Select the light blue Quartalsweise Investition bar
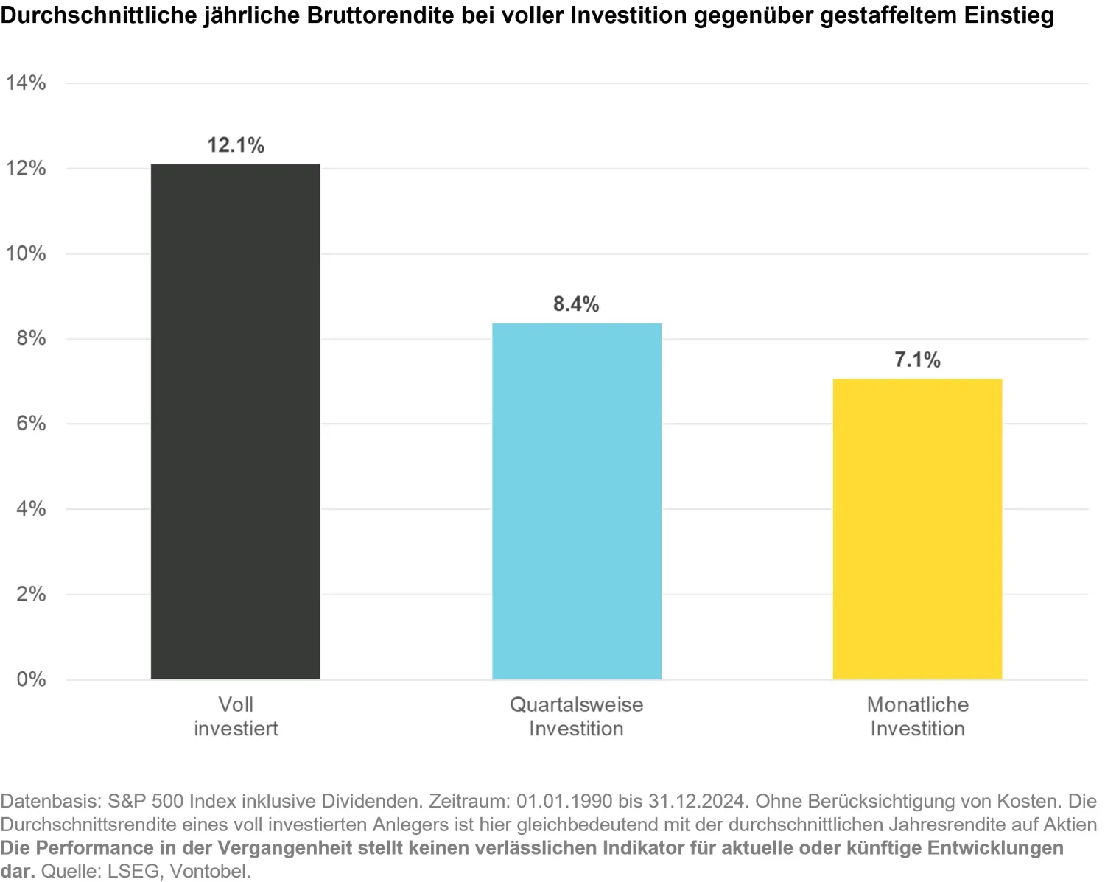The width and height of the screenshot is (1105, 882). [576, 501]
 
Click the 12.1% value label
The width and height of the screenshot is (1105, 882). [236, 145]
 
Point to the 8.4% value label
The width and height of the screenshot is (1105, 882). [576, 304]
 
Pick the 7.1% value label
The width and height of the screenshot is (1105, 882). [917, 360]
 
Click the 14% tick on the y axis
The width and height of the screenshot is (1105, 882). [27, 83]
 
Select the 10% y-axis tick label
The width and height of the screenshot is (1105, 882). [27, 254]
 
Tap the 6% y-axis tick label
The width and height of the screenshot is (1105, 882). [31, 424]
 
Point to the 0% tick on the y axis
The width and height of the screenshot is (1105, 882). [31, 679]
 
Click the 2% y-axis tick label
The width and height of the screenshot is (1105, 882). [31, 594]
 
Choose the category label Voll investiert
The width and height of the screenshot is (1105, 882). [236, 716]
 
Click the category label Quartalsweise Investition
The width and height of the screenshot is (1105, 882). [576, 716]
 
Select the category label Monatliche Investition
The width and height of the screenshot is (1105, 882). [917, 716]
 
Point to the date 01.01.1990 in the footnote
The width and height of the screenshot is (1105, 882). [564, 801]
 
